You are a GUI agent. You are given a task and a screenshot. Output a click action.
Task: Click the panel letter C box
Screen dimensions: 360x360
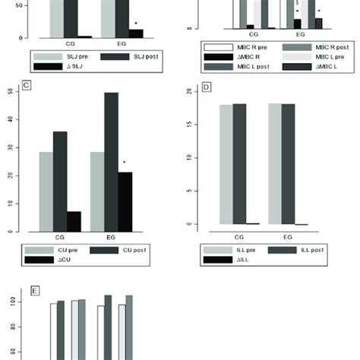(25, 86)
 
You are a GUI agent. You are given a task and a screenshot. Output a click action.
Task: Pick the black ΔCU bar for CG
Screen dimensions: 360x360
(74, 219)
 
